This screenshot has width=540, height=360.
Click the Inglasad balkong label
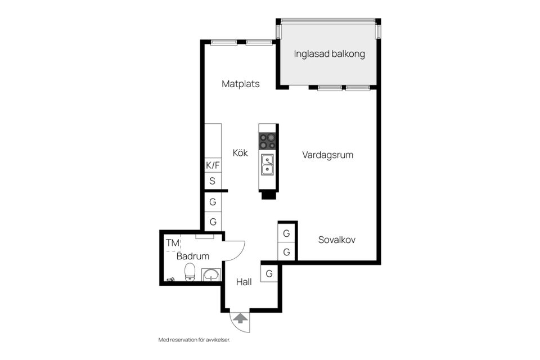329,54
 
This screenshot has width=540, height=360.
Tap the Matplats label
241,84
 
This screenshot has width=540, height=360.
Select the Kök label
240,152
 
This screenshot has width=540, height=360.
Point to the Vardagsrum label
327,155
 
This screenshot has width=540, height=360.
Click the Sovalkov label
336,240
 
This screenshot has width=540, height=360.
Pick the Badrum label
193,256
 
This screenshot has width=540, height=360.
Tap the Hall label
244,282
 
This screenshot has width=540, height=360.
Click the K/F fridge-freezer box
213,165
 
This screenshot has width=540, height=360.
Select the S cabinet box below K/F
213,181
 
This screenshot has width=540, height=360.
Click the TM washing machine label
173,243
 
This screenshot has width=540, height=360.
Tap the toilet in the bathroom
190,272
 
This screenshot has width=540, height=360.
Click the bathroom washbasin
210,275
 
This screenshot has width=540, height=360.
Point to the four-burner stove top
268,141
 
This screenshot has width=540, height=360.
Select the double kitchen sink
268,165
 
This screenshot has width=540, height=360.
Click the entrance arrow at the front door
240,318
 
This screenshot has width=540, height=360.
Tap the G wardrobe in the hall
269,274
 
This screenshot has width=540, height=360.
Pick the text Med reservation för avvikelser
194,340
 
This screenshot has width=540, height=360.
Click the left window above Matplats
224,42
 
